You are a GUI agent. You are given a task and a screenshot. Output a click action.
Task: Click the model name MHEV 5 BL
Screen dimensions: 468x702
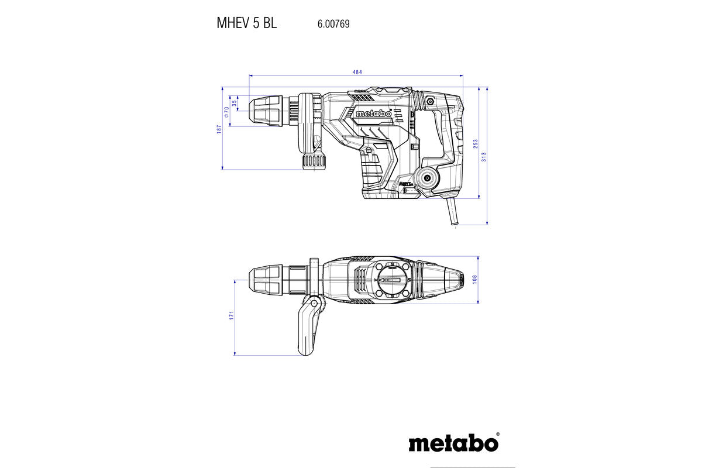click(x=246, y=23)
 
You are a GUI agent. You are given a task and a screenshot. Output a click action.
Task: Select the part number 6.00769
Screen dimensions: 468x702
click(x=333, y=24)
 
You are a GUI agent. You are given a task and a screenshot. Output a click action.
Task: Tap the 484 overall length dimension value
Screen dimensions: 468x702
click(x=357, y=73)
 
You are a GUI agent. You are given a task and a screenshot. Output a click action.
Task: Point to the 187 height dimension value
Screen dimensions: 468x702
click(x=219, y=129)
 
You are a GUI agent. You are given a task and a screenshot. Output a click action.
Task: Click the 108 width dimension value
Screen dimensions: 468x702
click(x=475, y=280)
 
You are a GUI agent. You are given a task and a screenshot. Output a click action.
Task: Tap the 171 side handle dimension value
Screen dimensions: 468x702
click(x=231, y=316)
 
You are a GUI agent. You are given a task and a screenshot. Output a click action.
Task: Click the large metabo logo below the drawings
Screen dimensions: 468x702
click(x=453, y=442)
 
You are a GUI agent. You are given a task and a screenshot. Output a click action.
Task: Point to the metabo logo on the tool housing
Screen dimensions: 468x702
click(x=373, y=114)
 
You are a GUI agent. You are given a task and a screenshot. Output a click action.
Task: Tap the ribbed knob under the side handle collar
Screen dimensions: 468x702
click(x=314, y=162)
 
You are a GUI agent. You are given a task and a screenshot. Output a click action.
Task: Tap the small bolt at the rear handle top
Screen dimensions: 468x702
click(x=430, y=102)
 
